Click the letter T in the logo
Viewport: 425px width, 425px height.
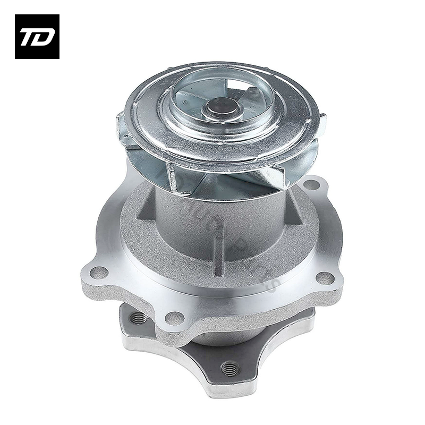coord(28,37)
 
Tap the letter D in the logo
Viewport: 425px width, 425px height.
coord(44,37)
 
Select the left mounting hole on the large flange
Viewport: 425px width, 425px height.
coord(96,272)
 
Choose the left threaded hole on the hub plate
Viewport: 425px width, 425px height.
coord(139,318)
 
